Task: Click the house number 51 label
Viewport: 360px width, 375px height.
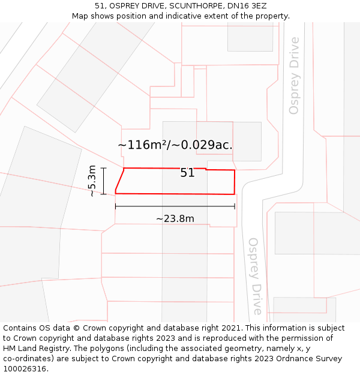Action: [187, 173]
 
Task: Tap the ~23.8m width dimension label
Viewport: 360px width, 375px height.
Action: [175, 219]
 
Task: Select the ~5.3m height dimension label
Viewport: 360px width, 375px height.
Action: [91, 181]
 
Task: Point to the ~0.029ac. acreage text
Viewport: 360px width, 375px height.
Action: [203, 145]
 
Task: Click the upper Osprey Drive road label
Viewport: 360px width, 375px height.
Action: [294, 76]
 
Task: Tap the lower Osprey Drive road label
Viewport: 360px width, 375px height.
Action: [254, 276]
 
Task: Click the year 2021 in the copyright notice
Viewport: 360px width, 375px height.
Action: [230, 328]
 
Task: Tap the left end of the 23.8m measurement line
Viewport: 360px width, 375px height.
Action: [115, 206]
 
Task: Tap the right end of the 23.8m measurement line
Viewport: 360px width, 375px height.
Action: [235, 206]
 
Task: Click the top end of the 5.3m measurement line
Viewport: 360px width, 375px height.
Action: [104, 168]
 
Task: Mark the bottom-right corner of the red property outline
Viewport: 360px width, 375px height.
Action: [234, 194]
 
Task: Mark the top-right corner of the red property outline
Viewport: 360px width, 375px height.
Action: [234, 170]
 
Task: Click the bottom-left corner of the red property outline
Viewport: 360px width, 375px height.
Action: [115, 193]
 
